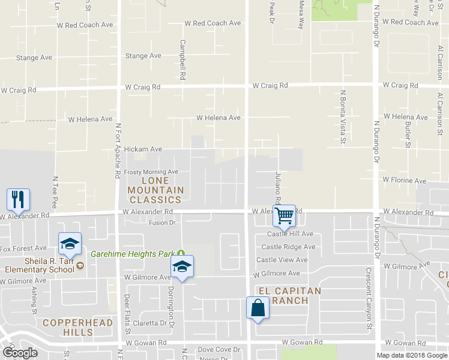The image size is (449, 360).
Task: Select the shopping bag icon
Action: (258, 308)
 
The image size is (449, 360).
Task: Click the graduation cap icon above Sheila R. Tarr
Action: (70, 243)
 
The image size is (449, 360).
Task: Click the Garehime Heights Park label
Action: (134, 254)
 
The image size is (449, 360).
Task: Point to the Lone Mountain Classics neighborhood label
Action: (154, 190)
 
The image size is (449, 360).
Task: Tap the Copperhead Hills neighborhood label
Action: (68, 328)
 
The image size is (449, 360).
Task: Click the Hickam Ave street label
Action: (143, 149)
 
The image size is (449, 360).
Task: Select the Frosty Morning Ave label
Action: (151, 172)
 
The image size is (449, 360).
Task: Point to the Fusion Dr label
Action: (161, 223)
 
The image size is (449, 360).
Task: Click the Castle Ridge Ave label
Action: (288, 247)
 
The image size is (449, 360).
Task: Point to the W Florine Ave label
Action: (405, 181)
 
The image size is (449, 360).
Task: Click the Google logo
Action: (20, 352)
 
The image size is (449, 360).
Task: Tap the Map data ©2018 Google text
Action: (411, 355)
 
